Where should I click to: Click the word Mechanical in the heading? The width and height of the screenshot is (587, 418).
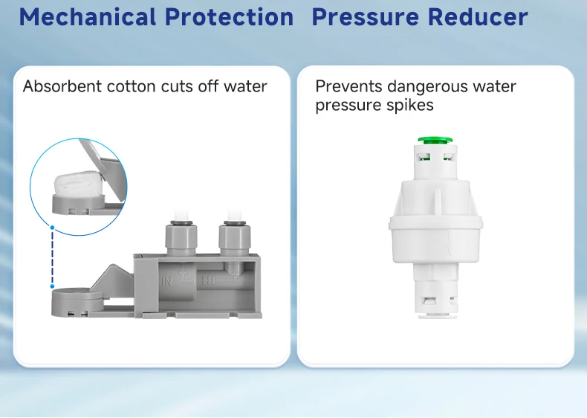tap(88, 17)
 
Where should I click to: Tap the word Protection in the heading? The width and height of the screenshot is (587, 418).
tap(229, 17)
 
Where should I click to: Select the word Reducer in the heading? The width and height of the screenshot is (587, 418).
tap(478, 17)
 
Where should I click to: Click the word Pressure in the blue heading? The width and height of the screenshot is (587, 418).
tap(366, 17)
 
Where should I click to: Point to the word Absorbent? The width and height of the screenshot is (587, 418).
tap(62, 86)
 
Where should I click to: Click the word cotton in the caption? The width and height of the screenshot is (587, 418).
tap(131, 86)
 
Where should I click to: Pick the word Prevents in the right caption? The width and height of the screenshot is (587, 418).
tap(348, 86)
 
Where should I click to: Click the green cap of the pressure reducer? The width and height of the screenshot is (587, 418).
tap(435, 141)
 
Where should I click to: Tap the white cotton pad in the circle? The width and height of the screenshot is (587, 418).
tap(77, 182)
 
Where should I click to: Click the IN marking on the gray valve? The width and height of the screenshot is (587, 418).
tap(166, 281)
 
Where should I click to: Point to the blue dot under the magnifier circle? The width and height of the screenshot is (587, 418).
tap(53, 228)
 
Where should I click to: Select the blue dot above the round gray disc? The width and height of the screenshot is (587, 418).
tap(53, 286)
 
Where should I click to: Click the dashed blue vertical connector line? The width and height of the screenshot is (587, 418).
tap(53, 257)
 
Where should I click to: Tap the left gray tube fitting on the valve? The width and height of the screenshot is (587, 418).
tap(181, 238)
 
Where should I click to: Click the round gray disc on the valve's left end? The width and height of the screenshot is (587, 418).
tap(77, 300)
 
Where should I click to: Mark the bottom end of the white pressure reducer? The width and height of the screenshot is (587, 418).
tap(437, 317)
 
